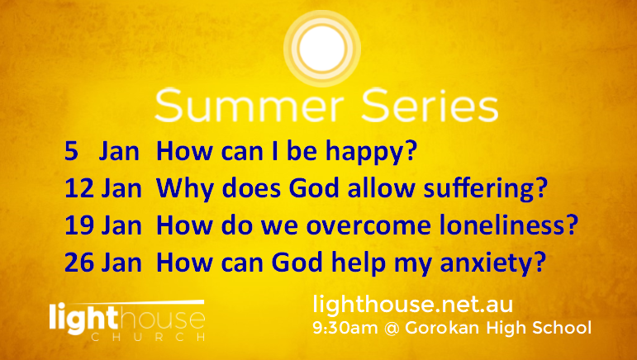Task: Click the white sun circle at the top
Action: click(322, 48)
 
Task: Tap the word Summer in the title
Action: click(249, 106)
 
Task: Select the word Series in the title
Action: click(430, 106)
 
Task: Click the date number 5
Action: click(71, 151)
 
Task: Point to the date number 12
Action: click(79, 189)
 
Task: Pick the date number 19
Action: click(79, 225)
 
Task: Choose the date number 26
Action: click(79, 263)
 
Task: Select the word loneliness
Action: click(502, 225)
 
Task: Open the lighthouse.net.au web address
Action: click(413, 305)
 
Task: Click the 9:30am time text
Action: click(345, 328)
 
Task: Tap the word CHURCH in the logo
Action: click(148, 337)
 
